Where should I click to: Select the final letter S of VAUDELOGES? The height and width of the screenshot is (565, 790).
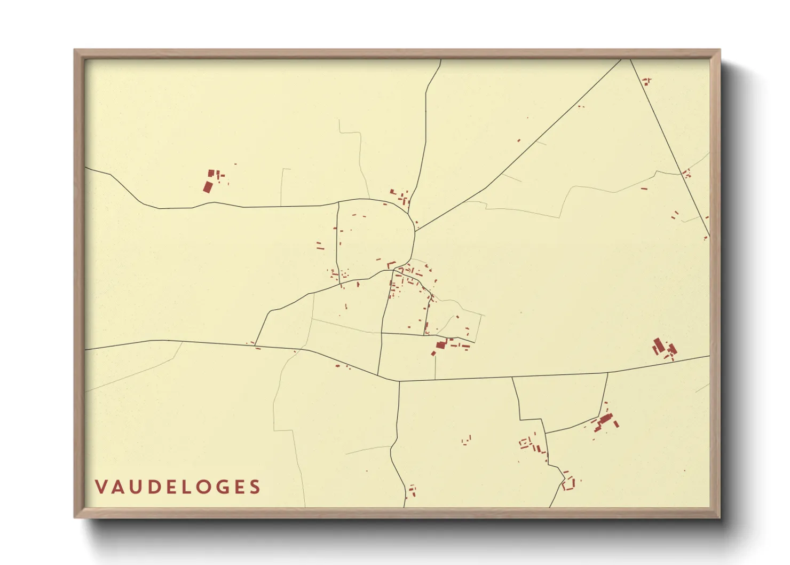pyautogui.click(x=255, y=487)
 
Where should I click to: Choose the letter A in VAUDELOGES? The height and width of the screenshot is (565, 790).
pyautogui.click(x=117, y=487)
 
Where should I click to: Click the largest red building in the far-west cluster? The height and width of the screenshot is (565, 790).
pyautogui.click(x=208, y=187)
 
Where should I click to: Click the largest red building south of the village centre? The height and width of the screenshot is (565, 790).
pyautogui.click(x=441, y=345)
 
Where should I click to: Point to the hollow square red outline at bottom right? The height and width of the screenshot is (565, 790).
pyautogui.click(x=568, y=484)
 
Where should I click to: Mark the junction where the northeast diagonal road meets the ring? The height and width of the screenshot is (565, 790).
pyautogui.click(x=415, y=231)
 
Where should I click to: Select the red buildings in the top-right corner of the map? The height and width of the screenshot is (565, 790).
pyautogui.click(x=646, y=82)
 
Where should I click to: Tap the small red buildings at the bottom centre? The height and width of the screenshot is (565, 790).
pyautogui.click(x=412, y=490)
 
